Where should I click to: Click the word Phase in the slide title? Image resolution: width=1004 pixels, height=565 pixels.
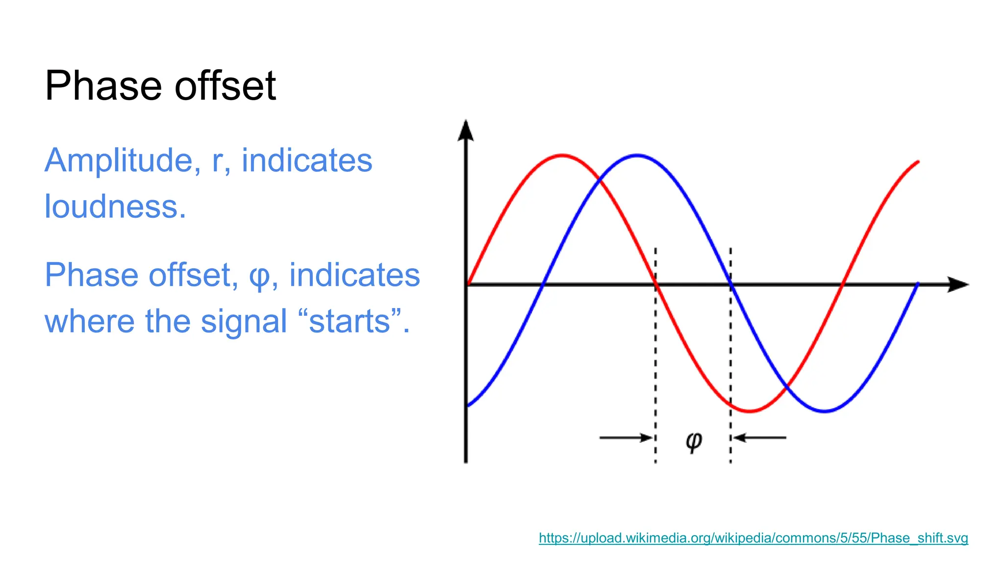pyautogui.click(x=102, y=86)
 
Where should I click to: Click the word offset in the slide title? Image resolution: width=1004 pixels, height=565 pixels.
pyautogui.click(x=225, y=86)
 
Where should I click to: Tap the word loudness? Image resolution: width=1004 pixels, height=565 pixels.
pyautogui.click(x=115, y=207)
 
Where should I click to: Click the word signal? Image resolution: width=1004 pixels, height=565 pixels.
pyautogui.click(x=244, y=322)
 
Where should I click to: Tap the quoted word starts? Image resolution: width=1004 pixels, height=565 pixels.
pyautogui.click(x=349, y=322)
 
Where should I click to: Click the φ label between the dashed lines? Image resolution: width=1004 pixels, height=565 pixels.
pyautogui.click(x=693, y=441)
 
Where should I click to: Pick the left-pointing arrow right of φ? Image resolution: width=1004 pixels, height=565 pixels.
pyautogui.click(x=760, y=437)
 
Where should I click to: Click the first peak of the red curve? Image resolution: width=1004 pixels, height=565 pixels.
pyautogui.click(x=562, y=155)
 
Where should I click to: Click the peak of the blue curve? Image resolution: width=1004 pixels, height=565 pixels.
pyautogui.click(x=636, y=155)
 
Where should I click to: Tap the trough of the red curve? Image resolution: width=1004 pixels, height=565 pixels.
pyautogui.click(x=750, y=411)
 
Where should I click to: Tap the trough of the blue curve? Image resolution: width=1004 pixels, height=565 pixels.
pyautogui.click(x=825, y=411)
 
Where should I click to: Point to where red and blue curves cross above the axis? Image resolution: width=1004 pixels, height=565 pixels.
pyautogui.click(x=599, y=181)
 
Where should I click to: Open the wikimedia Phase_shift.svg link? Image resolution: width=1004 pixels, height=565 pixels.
pyautogui.click(x=753, y=538)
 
